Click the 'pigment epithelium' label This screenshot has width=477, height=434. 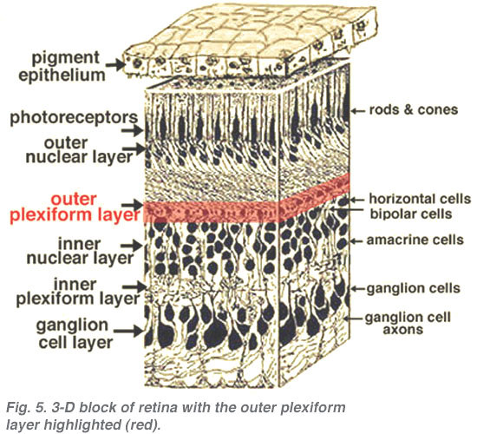coord(62,66)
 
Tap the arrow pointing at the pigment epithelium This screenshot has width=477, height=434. coord(115,65)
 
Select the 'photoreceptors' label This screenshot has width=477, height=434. coord(74,118)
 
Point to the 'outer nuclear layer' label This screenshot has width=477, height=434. coord(79,150)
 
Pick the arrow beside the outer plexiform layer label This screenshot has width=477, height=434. coord(132,204)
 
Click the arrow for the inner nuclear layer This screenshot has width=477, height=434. coord(132,246)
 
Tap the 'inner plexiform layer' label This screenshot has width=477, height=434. coord(78,292)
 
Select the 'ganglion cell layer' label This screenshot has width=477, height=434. coord(75,334)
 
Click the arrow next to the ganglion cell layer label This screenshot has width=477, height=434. coord(128,330)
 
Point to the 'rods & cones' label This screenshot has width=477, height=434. coord(414,110)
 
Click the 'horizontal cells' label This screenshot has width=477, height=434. coord(420,199)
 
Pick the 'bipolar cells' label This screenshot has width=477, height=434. coord(411,214)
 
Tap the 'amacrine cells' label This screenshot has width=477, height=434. coord(415,240)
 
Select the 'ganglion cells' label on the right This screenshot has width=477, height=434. coord(414,288)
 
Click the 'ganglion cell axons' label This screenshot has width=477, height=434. coord(408,323)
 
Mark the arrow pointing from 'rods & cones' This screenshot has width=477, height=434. coord(358,111)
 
